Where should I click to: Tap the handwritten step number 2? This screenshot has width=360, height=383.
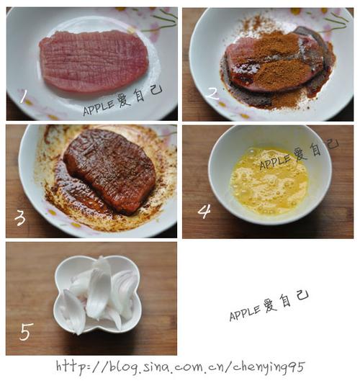(x=212, y=91)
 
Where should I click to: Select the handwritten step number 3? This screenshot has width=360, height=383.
(x=19, y=215)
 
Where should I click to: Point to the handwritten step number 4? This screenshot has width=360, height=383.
(x=204, y=211)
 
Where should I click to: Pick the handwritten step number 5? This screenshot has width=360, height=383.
(x=26, y=332)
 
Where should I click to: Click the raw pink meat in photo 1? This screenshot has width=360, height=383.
(x=94, y=60)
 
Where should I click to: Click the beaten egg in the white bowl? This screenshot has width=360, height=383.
(x=268, y=181)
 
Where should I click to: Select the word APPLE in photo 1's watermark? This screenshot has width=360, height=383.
(x=98, y=108)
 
